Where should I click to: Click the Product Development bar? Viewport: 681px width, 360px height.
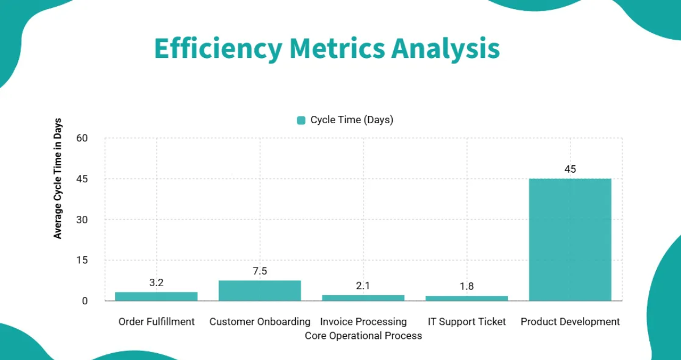(570, 240)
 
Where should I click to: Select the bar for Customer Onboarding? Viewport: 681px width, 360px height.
(259, 290)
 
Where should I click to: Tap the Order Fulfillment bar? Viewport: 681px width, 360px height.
(156, 296)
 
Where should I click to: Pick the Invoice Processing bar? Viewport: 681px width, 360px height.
(363, 298)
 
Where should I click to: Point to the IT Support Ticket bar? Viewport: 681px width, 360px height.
(466, 298)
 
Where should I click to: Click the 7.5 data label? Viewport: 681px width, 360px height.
(260, 271)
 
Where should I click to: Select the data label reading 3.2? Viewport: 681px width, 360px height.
(157, 283)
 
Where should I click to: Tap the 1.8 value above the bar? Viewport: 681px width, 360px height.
(466, 286)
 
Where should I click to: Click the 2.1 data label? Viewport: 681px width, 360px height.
(363, 286)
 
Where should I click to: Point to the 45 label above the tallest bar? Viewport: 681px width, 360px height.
(570, 169)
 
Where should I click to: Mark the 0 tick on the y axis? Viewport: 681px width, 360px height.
(85, 301)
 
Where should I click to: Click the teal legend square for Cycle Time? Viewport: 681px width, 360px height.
(301, 120)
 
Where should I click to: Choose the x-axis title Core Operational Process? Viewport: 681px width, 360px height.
(363, 336)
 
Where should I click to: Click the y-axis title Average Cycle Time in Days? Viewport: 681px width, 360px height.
(58, 178)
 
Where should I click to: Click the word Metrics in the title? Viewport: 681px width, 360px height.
(337, 49)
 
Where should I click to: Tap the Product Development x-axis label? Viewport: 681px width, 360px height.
(570, 321)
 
